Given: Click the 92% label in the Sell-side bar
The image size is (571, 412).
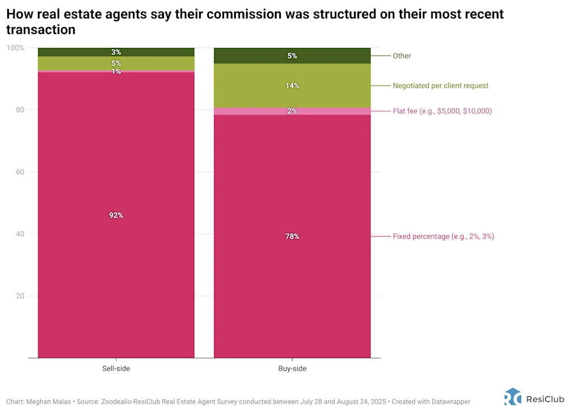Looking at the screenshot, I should click(x=116, y=215).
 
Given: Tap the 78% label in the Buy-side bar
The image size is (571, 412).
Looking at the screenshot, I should click(x=292, y=236).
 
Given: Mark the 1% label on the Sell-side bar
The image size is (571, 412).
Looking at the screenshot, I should click(x=116, y=71).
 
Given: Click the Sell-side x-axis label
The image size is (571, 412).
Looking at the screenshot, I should click(x=116, y=369).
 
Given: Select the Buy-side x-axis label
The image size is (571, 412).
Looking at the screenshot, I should click(x=292, y=369).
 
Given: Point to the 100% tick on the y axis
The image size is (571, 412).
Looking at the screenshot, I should click(x=16, y=48).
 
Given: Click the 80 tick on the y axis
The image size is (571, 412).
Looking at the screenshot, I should click(x=20, y=110).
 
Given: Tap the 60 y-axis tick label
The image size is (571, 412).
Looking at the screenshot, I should click(x=20, y=172).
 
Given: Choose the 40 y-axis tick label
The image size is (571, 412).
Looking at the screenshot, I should click(x=20, y=234).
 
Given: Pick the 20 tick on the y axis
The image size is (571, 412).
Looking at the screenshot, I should click(x=20, y=295).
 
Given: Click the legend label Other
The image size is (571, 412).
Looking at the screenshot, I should click(x=401, y=56).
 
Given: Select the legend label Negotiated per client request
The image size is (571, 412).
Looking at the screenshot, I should click(x=441, y=86).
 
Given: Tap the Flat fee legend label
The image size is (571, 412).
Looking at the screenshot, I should click(x=442, y=111).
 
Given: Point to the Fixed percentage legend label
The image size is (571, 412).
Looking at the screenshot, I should click(x=443, y=236).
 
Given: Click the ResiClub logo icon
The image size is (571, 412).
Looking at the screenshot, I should click(x=513, y=396).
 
